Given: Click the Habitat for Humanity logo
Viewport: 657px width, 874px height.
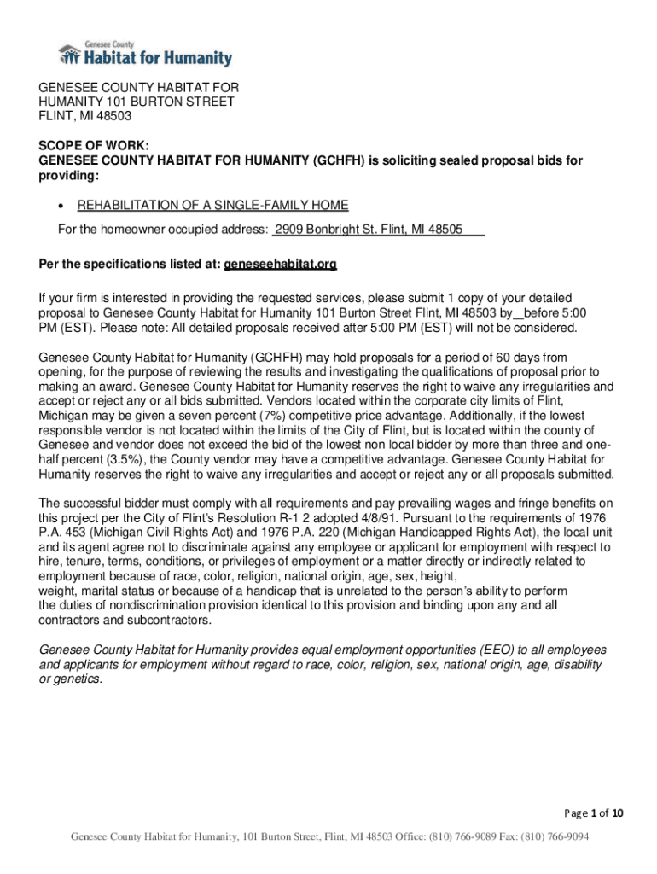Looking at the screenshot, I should tap(145, 55).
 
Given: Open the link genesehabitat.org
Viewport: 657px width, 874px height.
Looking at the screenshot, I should tap(280, 265).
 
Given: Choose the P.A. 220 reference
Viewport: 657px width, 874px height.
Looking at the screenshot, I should tap(304, 532).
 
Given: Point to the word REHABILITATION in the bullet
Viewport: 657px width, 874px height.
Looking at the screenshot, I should tap(128, 206).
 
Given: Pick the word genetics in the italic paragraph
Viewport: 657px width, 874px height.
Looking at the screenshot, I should tap(78, 679).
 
